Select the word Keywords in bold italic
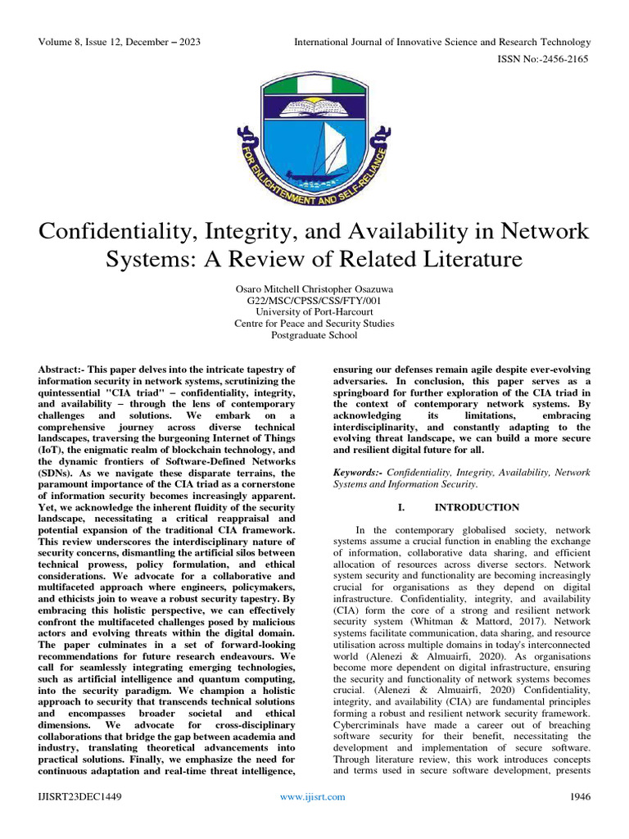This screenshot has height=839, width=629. click(x=359, y=473)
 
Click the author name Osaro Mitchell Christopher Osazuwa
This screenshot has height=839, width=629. click(x=314, y=289)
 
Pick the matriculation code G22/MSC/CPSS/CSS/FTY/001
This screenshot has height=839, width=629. click(x=314, y=301)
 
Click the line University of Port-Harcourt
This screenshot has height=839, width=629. click(x=314, y=312)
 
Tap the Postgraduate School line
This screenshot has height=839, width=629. click(x=314, y=335)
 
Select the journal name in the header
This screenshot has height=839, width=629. click(x=442, y=42)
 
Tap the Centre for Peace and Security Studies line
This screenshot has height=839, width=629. click(x=314, y=324)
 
